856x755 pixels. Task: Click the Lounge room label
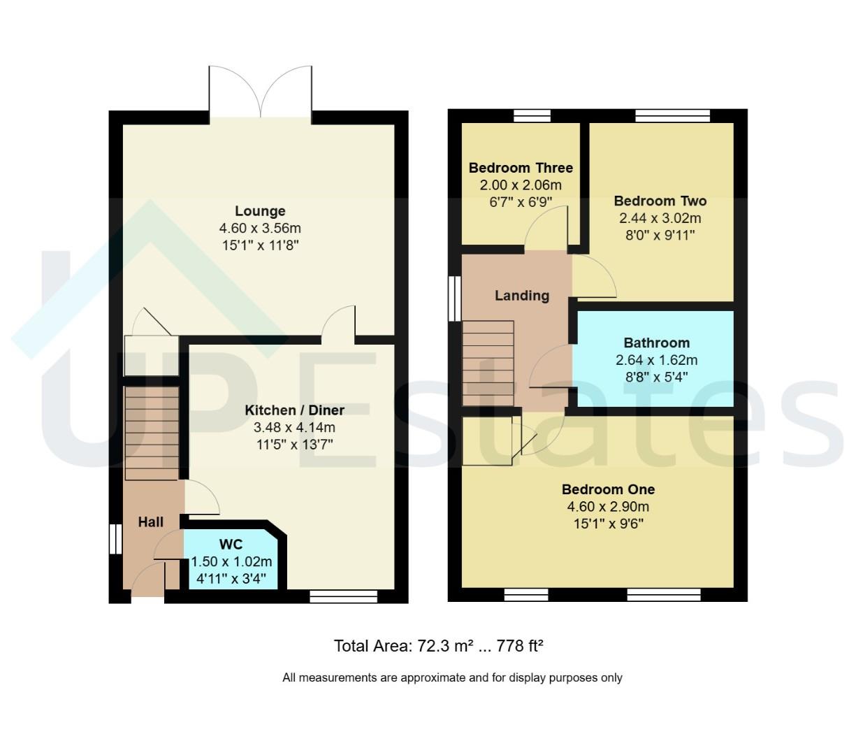pyautogui.click(x=260, y=210)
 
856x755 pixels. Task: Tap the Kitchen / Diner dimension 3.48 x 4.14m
pyautogui.click(x=294, y=427)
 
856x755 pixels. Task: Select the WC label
pyautogui.click(x=231, y=544)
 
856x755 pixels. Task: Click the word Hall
pyautogui.click(x=150, y=522)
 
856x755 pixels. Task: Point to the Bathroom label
pyautogui.click(x=657, y=343)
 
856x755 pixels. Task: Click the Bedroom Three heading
pyautogui.click(x=521, y=167)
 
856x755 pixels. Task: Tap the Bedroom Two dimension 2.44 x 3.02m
pyautogui.click(x=660, y=217)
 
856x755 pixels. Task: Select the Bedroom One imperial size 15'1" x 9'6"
pyautogui.click(x=608, y=524)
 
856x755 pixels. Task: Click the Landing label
pyautogui.click(x=522, y=296)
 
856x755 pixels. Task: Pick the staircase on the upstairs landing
pyautogui.click(x=488, y=363)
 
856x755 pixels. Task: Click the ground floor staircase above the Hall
pyautogui.click(x=152, y=433)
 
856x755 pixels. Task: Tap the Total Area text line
pyautogui.click(x=438, y=645)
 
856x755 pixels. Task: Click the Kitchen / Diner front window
pyautogui.click(x=343, y=596)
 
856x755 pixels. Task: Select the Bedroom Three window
pyautogui.click(x=532, y=115)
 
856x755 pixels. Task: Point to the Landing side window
pyautogui.click(x=455, y=299)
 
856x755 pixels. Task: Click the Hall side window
pyautogui.click(x=115, y=539)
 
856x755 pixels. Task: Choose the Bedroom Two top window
pyautogui.click(x=673, y=115)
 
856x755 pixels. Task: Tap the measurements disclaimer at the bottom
pyautogui.click(x=452, y=677)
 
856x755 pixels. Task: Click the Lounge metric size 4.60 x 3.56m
pyautogui.click(x=260, y=228)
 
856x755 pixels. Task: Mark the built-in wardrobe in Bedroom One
pyautogui.click(x=487, y=441)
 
